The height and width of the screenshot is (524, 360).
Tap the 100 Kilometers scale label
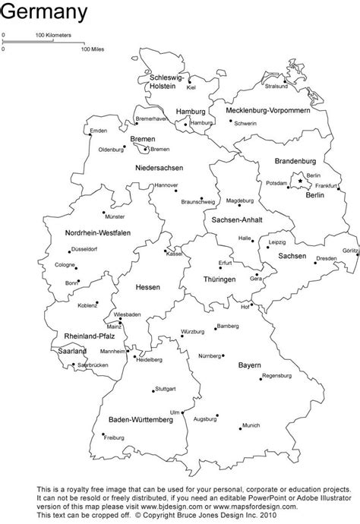(x=53, y=36)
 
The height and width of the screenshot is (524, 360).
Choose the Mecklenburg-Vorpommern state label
(x=267, y=110)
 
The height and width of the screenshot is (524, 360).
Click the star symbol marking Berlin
(x=300, y=180)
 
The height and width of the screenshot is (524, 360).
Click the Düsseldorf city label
(x=84, y=248)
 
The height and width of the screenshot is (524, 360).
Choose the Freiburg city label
(x=113, y=438)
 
